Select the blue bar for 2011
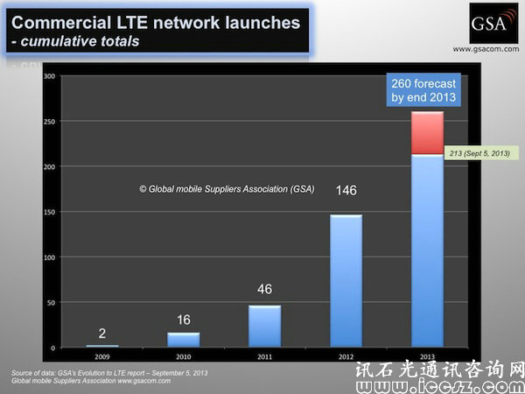pyautogui.click(x=264, y=325)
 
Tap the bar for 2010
pyautogui.click(x=184, y=340)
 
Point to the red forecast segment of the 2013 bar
pyautogui.click(x=427, y=133)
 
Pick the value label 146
pyautogui.click(x=346, y=188)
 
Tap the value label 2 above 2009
pyautogui.click(x=102, y=332)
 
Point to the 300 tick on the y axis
pyautogui.click(x=49, y=76)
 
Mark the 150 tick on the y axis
pyautogui.click(x=49, y=212)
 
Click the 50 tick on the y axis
pyautogui.click(x=51, y=302)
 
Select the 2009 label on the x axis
pyautogui.click(x=102, y=357)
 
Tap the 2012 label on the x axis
pyautogui.click(x=346, y=357)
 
